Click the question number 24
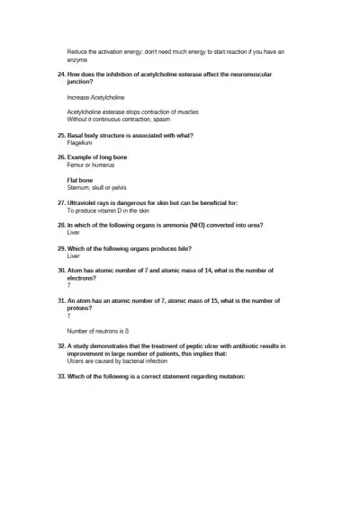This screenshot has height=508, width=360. [60, 74]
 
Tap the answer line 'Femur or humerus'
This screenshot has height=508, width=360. [91, 165]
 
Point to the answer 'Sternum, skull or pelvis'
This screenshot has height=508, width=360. [101, 187]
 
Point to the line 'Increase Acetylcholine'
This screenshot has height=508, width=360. [95, 97]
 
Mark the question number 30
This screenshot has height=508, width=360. [60, 270]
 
